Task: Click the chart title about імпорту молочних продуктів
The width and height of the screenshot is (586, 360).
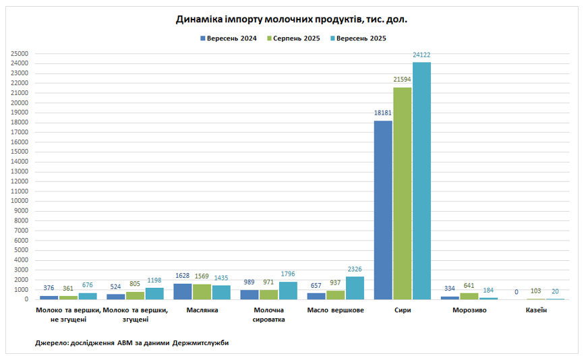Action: click(291, 20)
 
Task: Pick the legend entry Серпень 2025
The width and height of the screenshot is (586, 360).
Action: click(295, 38)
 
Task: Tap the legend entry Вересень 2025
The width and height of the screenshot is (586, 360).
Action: click(361, 38)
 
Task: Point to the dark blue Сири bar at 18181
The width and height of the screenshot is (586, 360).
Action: click(383, 210)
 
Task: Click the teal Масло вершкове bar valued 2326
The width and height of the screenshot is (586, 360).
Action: click(355, 288)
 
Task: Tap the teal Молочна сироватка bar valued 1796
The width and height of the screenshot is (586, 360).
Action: click(288, 291)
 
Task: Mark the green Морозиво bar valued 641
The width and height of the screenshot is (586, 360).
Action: click(469, 296)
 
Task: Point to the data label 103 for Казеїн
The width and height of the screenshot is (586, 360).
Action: click(536, 291)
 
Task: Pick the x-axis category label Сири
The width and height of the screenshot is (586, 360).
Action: click(403, 310)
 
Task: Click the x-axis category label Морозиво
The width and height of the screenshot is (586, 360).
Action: click(469, 310)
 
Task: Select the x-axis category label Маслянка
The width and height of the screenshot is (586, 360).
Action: click(202, 310)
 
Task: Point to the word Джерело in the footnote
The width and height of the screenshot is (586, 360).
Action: click(51, 343)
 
